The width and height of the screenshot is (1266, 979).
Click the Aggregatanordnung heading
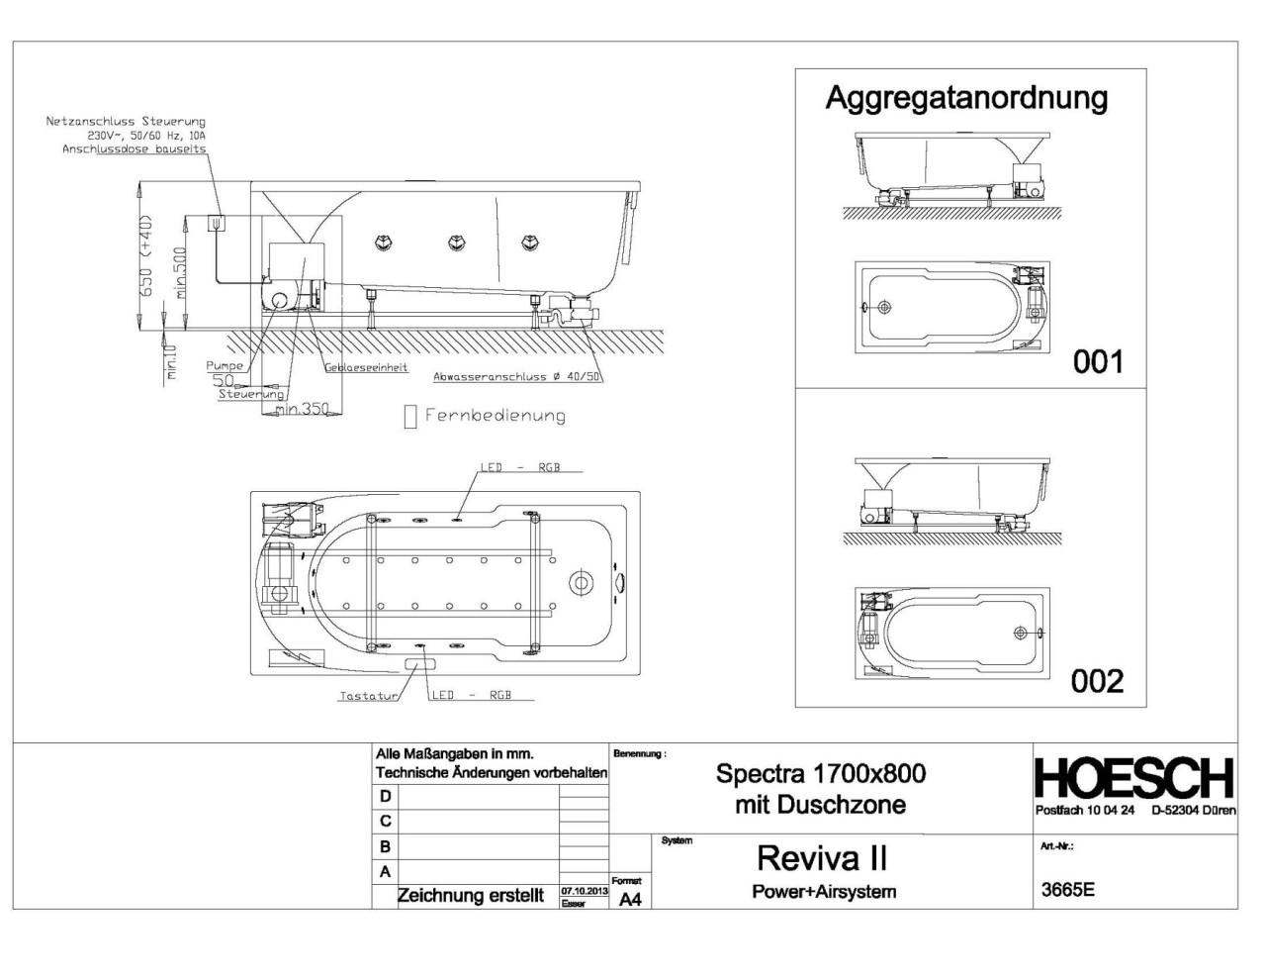coord(966,98)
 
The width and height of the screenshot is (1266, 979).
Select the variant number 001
coord(1098,362)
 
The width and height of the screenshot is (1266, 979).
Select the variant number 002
coord(1097,681)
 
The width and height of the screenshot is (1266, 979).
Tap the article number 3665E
coord(1068,889)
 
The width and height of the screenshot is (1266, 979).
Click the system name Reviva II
coord(822,856)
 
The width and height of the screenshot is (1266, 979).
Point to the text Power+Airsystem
coord(824,891)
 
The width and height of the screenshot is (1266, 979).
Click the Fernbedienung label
coord(495,416)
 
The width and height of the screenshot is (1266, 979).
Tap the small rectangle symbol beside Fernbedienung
coord(410,417)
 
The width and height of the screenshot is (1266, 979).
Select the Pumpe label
coord(225,366)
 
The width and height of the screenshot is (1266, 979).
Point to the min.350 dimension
coord(302,409)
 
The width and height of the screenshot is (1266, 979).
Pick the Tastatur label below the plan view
coord(367,696)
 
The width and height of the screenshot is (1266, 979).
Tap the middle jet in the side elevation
coord(456,243)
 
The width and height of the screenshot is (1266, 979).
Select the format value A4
coord(630,899)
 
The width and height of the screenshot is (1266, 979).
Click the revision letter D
coord(386,796)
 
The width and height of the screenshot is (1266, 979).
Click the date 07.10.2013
coord(584,891)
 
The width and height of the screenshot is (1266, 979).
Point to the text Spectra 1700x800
coord(821,773)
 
